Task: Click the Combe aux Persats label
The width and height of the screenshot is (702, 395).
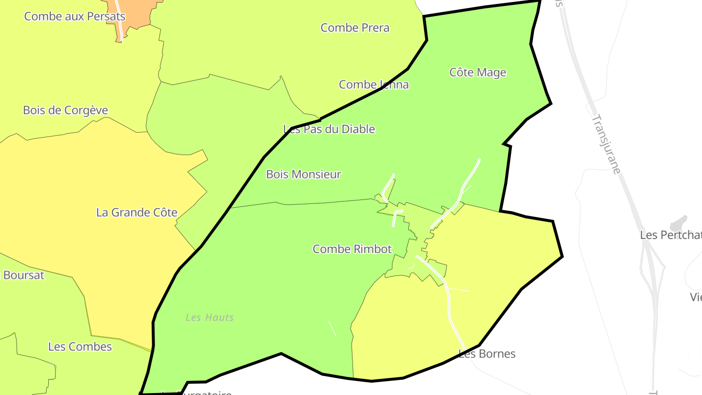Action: click(75, 16)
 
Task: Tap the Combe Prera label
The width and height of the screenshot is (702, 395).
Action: click(355, 28)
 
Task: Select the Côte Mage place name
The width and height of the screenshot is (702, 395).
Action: click(478, 73)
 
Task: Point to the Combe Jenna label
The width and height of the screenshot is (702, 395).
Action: click(374, 85)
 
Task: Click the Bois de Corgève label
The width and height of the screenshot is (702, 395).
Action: click(65, 110)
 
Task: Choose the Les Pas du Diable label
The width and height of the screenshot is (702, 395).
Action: click(329, 129)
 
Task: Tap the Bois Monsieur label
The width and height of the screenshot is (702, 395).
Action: click(303, 174)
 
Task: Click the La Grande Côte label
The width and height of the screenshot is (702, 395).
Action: click(136, 213)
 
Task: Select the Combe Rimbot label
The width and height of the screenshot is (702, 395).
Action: click(352, 249)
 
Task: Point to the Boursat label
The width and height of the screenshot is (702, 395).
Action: click(23, 275)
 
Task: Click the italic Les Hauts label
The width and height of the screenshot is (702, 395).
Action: click(210, 317)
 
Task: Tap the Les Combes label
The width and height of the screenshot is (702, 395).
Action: click(80, 347)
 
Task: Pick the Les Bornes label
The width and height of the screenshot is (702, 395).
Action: click(487, 354)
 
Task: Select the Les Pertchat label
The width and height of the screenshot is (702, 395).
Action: click(670, 235)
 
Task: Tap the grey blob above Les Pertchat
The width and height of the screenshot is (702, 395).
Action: click(678, 224)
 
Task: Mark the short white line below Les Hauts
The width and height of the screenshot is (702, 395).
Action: click(332, 328)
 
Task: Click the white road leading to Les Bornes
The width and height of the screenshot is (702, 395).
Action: click(451, 312)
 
